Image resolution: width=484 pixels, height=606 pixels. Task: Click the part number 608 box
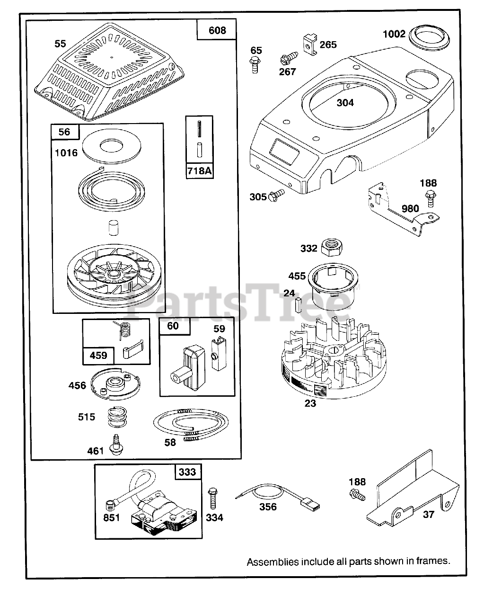[x=217, y=31]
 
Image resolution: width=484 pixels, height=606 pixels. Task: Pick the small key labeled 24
[x=299, y=304]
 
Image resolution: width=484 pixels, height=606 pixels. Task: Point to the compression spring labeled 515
[x=117, y=417]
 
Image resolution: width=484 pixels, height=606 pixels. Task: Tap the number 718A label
[x=199, y=170]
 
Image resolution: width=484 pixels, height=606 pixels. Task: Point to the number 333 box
[x=187, y=472]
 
